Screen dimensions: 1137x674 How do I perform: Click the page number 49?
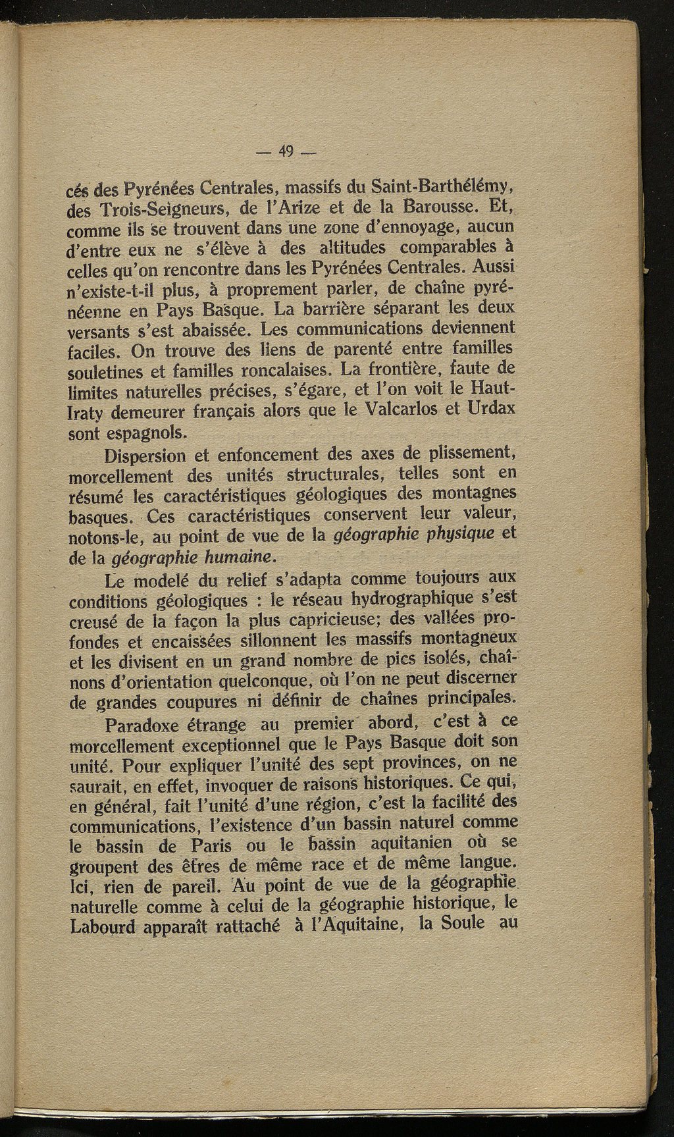(286, 151)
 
